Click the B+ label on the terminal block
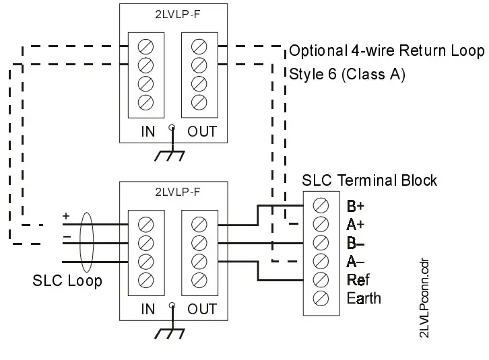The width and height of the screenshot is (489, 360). click(355, 205)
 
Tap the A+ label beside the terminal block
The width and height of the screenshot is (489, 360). click(355, 224)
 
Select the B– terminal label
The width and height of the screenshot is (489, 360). click(355, 242)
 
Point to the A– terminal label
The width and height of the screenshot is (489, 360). click(355, 261)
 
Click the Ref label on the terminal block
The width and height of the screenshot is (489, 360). click(358, 279)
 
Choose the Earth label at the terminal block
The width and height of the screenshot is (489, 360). click(363, 298)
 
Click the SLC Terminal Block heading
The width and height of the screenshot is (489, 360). click(369, 180)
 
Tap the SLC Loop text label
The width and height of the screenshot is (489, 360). click(67, 281)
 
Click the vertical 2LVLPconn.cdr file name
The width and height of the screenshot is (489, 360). click(424, 299)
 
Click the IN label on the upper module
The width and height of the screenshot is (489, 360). click(148, 131)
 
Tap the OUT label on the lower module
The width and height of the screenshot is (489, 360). click(201, 310)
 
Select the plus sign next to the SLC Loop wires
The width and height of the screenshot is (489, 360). click(66, 216)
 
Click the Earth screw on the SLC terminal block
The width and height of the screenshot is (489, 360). click(321, 297)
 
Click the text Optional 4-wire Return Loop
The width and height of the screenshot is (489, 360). click(387, 51)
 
